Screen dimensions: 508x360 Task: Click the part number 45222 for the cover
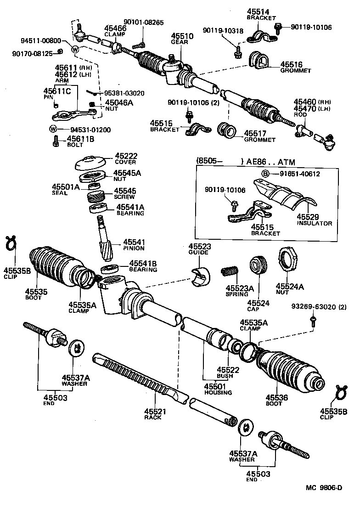click(126, 156)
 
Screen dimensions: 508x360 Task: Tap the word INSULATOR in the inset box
click(314, 223)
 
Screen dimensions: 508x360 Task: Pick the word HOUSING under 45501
click(219, 393)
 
